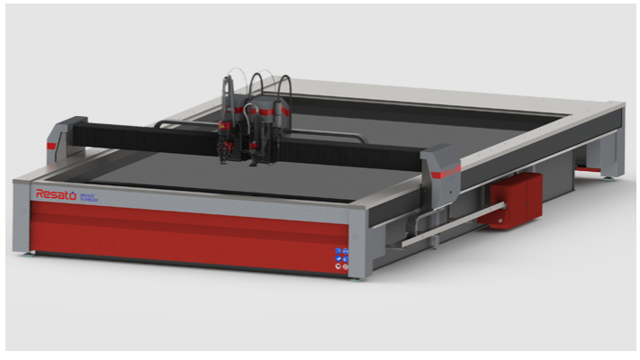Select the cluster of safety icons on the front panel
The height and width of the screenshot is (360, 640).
342,258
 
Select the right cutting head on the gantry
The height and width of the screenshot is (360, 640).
270,130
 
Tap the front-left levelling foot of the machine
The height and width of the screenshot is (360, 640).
32,255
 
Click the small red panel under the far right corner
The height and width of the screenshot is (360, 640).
589,168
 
